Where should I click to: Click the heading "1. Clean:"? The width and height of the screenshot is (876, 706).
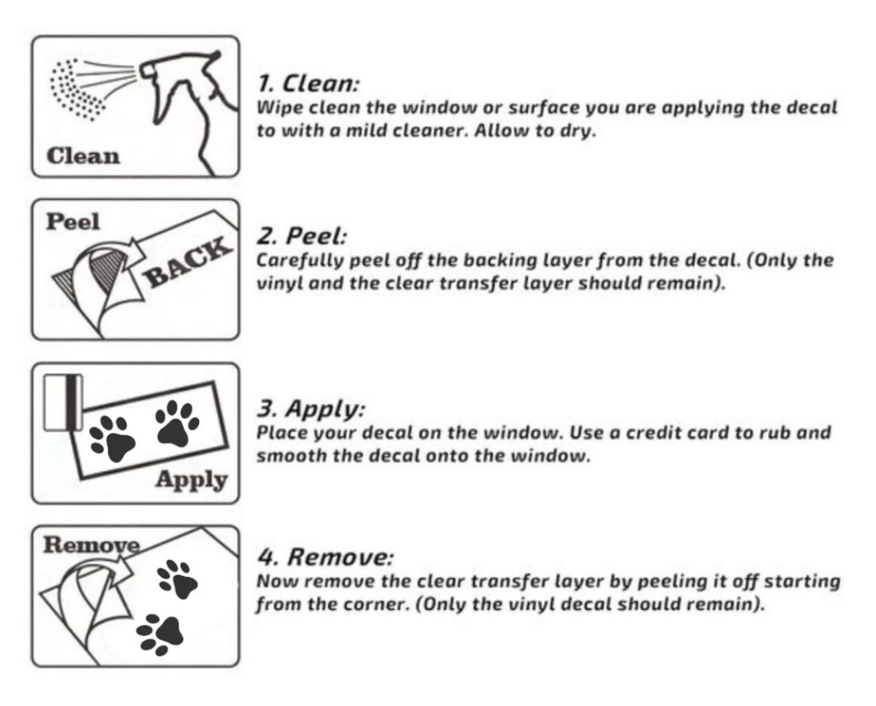coord(308,84)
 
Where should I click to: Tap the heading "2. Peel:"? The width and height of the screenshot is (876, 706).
coord(302,236)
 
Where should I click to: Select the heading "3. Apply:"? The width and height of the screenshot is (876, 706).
coord(311,409)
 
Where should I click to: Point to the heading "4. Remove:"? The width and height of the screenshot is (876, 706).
coord(325,557)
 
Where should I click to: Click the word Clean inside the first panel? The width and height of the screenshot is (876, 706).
coord(83,156)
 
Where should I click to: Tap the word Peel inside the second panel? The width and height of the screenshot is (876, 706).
coord(73,222)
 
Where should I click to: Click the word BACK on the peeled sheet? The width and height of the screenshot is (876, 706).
coord(186,261)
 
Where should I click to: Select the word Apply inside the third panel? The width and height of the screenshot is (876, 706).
coord(191,481)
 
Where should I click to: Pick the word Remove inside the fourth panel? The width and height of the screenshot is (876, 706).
coord(92,545)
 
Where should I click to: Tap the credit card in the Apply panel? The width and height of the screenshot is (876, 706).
coord(63,403)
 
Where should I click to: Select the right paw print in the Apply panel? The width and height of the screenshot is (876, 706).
coord(178,424)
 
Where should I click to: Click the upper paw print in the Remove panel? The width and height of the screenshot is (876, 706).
coord(178,579)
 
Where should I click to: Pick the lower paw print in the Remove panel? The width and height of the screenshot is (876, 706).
coord(160,635)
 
